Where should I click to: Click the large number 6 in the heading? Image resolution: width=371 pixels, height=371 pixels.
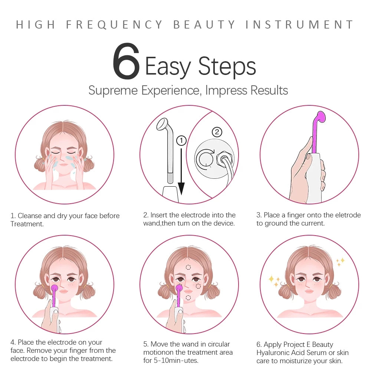point(126,62)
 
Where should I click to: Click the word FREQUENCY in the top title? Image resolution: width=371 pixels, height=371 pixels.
point(114,25)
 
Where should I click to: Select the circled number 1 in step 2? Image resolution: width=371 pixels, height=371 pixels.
point(181,141)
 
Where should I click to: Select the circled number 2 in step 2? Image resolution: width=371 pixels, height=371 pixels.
point(217,132)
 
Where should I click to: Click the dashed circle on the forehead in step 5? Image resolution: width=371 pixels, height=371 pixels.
point(188,267)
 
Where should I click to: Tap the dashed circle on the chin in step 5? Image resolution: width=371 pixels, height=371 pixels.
point(188,298)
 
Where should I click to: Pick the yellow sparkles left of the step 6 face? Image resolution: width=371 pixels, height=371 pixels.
point(274,281)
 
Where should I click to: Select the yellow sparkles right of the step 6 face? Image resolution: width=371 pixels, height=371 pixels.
point(340,262)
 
